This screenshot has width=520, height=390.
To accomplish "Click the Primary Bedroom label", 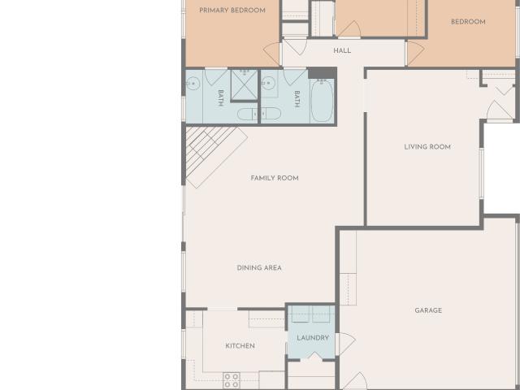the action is pyautogui.click(x=232, y=11).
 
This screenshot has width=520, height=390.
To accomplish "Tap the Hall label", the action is pyautogui.click(x=342, y=50).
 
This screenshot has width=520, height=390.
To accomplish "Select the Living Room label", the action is pyautogui.click(x=427, y=146).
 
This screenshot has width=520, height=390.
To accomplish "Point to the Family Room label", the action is pyautogui.click(x=275, y=178).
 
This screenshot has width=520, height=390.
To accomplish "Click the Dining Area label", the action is pyautogui.click(x=259, y=267).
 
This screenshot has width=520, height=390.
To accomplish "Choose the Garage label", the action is pyautogui.click(x=428, y=310).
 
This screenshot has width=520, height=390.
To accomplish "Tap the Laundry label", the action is pyautogui.click(x=313, y=338).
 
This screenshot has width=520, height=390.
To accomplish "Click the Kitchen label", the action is pyautogui.click(x=240, y=346).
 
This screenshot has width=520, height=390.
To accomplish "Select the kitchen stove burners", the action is pyautogui.click(x=232, y=380).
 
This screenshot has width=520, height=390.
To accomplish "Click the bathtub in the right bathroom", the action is pyautogui.click(x=322, y=100).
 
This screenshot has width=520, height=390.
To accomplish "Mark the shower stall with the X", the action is pyautogui.click(x=245, y=84).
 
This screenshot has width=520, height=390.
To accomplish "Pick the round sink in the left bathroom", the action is pyautogui.click(x=193, y=83).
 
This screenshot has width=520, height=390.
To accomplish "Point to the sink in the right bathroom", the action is pyautogui.click(x=268, y=83).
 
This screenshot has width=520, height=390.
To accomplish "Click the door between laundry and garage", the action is pyautogui.click(x=345, y=344).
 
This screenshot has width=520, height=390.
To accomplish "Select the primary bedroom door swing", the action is pyautogui.click(x=273, y=54).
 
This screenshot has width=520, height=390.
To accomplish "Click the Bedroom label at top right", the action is pyautogui.click(x=468, y=22).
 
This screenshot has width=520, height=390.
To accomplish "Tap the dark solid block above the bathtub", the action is pyautogui.click(x=323, y=73).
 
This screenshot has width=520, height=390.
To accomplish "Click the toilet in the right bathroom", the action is pyautogui.click(x=271, y=114).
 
